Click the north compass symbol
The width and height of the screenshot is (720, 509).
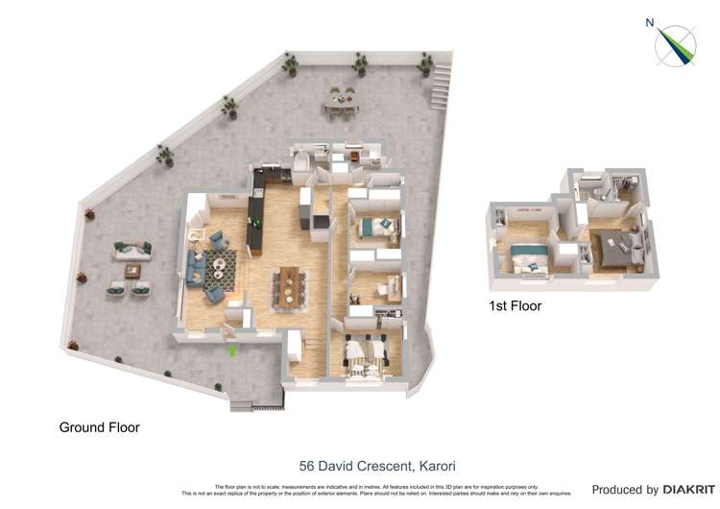tap(676, 46)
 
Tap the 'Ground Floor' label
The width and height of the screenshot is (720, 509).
tap(100, 427)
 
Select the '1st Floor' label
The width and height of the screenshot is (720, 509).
tap(516, 306)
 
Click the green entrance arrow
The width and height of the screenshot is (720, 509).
tap(230, 351)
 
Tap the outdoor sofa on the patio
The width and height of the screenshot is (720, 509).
tap(132, 250)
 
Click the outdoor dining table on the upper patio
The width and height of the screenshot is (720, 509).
tap(341, 100)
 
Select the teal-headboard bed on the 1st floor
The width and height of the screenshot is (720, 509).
tap(529, 257)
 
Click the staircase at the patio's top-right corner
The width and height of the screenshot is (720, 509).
tap(440, 85)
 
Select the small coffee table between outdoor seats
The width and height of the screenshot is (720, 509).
tap(132, 271)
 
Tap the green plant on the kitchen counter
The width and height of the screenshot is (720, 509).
tap(256, 224)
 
